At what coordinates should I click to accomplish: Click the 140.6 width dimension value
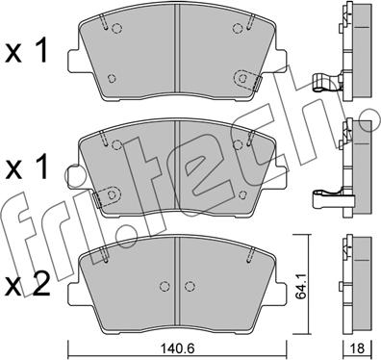(177, 348)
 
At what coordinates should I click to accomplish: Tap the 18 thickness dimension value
(358, 348)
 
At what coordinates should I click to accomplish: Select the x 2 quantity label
(28, 284)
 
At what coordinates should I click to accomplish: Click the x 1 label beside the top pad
(27, 50)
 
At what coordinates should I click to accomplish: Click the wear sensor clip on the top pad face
(248, 80)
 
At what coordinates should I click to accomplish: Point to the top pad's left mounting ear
(73, 61)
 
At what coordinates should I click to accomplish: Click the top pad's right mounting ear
(281, 61)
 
